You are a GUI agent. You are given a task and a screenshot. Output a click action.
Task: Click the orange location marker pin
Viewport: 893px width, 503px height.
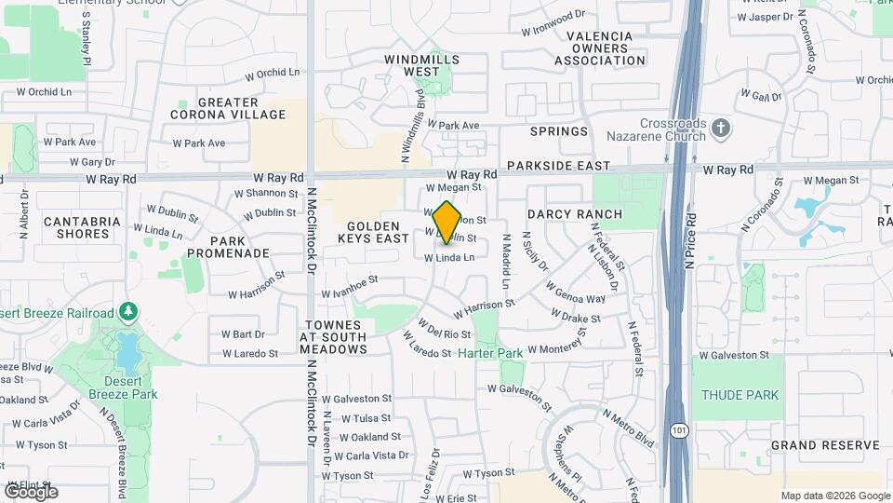click(x=446, y=222)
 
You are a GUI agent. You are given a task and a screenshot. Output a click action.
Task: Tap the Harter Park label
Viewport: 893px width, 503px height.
click(x=490, y=353)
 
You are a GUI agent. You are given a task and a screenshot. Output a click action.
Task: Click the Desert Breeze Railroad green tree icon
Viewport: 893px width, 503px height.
click(x=128, y=311)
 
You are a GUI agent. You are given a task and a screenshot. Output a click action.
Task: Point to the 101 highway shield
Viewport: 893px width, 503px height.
click(x=677, y=429)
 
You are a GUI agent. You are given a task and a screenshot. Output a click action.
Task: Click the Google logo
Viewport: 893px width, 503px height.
click(x=31, y=491)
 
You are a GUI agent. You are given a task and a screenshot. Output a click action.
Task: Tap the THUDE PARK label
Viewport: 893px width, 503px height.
click(x=740, y=395)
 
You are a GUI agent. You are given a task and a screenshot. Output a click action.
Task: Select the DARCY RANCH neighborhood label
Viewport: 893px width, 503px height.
click(x=574, y=214)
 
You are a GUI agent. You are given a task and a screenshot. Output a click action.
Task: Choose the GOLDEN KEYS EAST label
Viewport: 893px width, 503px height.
click(x=379, y=233)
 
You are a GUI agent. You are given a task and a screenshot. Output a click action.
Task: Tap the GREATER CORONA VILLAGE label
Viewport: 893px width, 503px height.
click(x=228, y=108)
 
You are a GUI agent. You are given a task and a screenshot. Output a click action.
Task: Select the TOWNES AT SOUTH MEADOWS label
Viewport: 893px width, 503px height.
click(x=333, y=336)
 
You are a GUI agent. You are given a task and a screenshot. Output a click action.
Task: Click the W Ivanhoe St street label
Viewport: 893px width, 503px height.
click(x=350, y=285)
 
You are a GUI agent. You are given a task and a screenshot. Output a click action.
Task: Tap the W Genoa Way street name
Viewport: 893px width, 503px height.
click(x=575, y=293)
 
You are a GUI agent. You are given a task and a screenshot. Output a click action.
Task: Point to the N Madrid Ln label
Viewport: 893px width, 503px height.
click(x=506, y=260)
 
